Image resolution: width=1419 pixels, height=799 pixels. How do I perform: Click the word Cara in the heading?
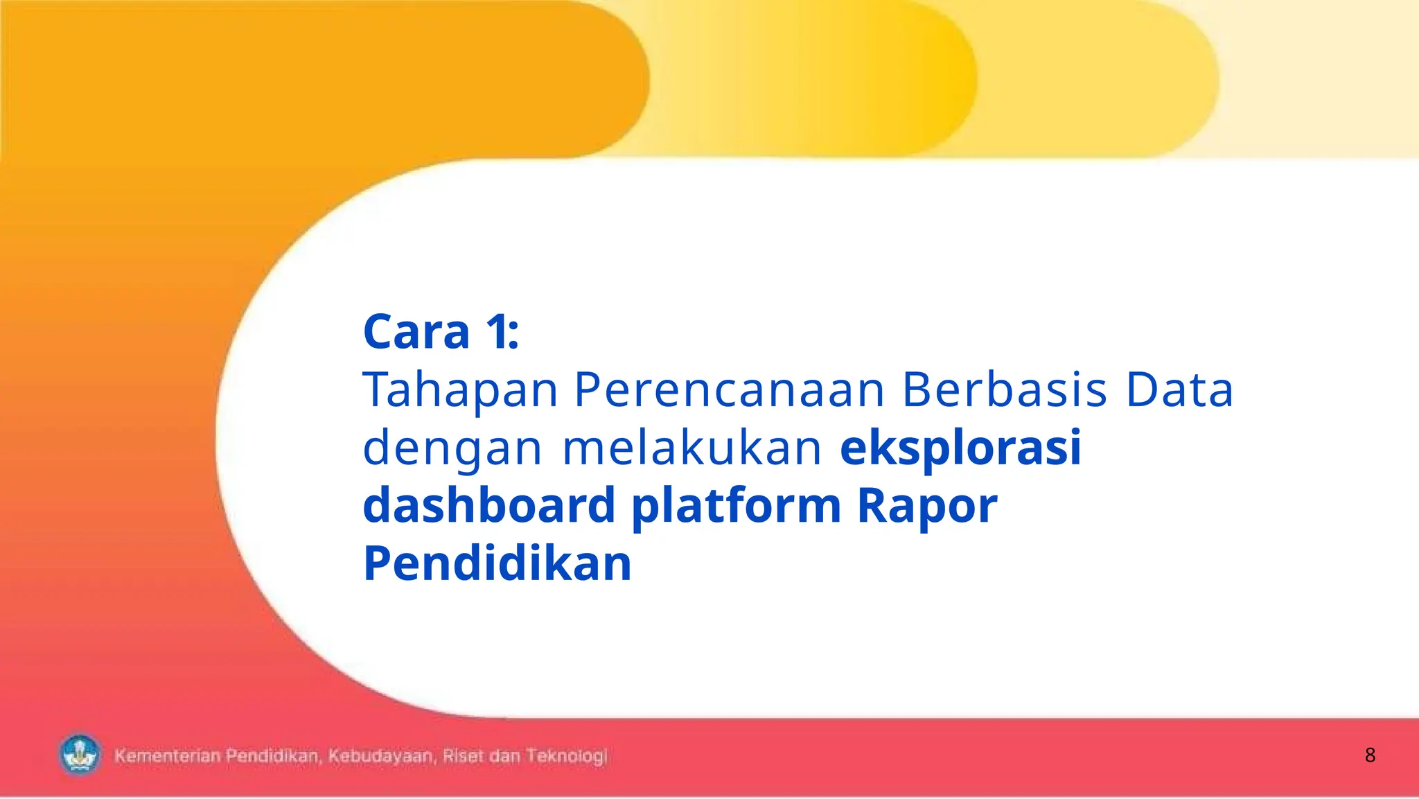416,332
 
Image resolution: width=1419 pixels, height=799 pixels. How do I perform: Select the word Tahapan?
460,389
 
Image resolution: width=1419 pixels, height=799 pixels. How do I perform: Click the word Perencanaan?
730,389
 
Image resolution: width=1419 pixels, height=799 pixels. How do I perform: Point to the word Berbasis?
1005,389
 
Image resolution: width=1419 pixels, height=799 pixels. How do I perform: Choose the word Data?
1179,389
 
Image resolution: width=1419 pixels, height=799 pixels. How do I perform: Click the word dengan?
452,449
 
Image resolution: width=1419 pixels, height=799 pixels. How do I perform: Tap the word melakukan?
691,448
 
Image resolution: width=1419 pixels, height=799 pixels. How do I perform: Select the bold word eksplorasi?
960,449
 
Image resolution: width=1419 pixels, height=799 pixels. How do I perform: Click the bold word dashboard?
489,505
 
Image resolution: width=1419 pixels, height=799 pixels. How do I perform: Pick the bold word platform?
736,507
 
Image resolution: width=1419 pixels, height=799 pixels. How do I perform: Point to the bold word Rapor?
927,507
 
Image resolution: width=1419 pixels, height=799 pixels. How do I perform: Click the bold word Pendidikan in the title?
497,563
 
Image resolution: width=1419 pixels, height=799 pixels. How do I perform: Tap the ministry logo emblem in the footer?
80,755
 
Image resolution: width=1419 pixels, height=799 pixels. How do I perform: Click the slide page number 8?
1370,755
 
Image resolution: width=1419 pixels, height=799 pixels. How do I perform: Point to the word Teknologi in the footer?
566,756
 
